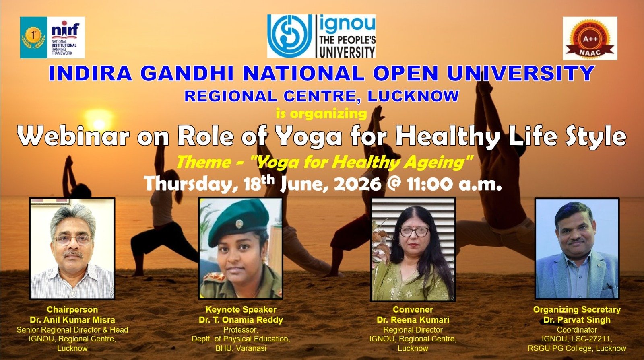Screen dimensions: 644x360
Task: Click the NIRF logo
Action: [52, 37]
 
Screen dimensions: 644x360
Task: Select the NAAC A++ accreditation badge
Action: [590, 38]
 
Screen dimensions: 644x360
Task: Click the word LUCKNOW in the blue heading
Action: [413, 96]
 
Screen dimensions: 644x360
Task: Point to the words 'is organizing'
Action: [322, 113]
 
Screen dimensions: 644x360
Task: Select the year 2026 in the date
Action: [358, 183]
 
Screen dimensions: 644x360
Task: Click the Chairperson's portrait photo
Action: [72, 249]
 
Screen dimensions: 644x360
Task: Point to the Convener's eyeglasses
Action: [414, 232]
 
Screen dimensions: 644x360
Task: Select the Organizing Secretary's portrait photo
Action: [577, 249]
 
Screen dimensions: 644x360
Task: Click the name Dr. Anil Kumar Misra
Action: [72, 320]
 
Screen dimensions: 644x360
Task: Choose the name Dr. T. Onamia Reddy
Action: [241, 320]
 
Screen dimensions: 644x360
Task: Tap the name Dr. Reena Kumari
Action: [413, 320]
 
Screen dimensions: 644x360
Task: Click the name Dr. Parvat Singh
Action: [577, 320]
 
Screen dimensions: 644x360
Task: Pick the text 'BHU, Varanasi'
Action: [241, 348]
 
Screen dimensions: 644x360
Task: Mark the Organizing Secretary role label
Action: [577, 309]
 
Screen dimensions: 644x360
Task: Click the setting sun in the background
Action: [99, 123]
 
